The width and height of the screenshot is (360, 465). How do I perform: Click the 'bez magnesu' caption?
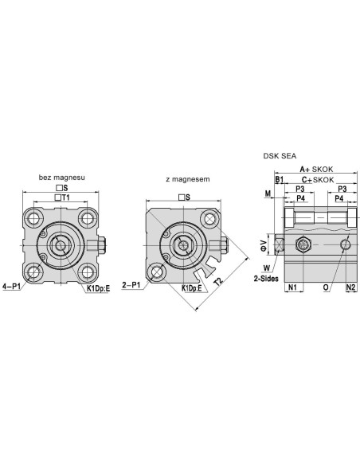(61, 178)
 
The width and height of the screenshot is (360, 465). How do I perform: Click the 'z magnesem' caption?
(188, 179)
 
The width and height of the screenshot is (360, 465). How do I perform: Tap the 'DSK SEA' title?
(280, 156)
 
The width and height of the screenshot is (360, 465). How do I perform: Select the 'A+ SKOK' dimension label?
(316, 170)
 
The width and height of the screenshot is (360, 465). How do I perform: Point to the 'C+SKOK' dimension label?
(318, 180)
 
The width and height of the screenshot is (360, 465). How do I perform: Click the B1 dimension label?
(280, 180)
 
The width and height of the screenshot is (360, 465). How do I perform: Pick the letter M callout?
(268, 193)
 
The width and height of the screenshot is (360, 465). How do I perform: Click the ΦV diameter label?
(264, 245)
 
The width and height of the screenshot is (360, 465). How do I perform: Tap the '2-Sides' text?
(266, 279)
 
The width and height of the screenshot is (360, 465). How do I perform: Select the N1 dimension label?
(292, 287)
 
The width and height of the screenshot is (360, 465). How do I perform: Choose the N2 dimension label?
(350, 287)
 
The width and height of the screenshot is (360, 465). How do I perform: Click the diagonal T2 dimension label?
(218, 281)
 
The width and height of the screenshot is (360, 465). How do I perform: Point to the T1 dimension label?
(65, 197)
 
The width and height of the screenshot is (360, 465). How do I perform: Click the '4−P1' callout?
(11, 287)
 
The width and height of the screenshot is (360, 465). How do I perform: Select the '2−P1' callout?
(131, 285)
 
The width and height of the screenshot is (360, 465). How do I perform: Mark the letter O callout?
(326, 287)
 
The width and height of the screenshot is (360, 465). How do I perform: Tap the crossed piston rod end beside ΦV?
(279, 245)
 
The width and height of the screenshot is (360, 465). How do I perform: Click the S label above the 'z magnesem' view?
(188, 197)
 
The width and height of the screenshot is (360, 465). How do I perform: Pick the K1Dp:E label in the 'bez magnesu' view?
(98, 288)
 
